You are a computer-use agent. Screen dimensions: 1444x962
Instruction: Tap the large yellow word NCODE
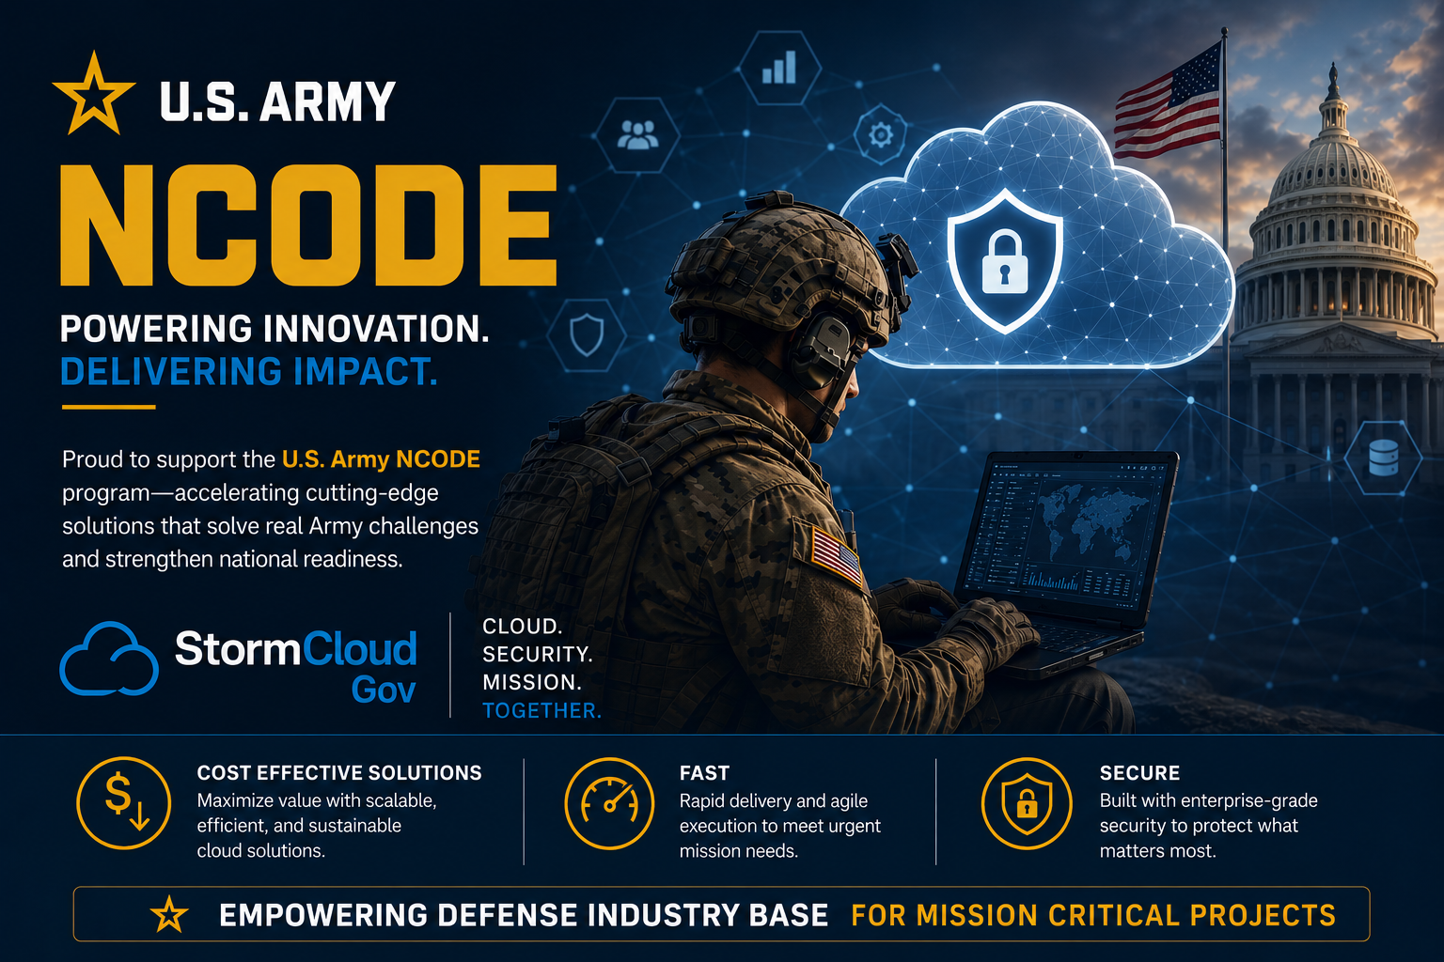click(308, 225)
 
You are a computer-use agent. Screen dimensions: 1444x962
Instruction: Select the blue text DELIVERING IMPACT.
click(249, 372)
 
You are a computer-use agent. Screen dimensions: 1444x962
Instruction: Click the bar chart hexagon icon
click(779, 68)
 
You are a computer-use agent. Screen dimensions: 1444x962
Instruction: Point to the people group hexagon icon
click(637, 135)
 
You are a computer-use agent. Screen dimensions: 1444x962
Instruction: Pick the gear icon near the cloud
click(881, 134)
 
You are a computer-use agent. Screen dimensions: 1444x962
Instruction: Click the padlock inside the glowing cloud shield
click(1004, 262)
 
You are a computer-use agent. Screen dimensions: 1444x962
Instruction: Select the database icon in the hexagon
click(1384, 458)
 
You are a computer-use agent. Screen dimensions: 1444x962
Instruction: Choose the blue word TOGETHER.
click(542, 711)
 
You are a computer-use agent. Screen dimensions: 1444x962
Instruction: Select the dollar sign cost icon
click(123, 803)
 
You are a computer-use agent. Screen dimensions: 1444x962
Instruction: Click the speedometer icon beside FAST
click(609, 803)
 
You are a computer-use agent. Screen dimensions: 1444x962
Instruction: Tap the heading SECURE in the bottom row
click(1139, 773)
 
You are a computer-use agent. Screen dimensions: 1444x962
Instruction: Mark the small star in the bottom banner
click(169, 914)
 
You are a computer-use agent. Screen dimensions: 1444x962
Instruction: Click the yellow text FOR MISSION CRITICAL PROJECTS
click(1093, 916)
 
